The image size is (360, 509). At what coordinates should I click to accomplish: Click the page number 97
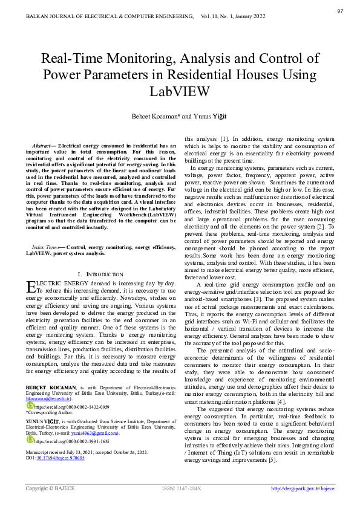(340, 11)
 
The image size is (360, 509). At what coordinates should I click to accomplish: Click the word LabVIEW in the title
(180, 92)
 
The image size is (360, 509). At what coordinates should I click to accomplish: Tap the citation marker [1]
(223, 139)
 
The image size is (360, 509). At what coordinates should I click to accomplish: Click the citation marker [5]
(272, 461)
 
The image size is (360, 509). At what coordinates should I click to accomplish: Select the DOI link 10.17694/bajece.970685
(61, 458)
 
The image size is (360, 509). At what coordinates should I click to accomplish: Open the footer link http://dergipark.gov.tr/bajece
(303, 488)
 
